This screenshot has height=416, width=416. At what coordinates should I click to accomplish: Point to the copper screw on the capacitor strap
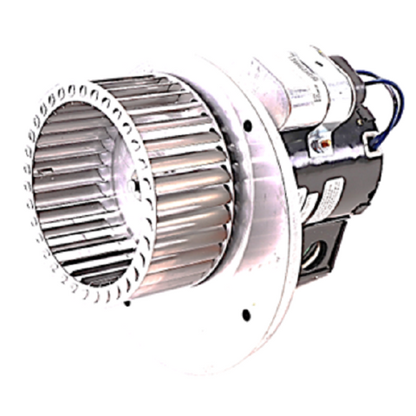click(322, 137)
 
